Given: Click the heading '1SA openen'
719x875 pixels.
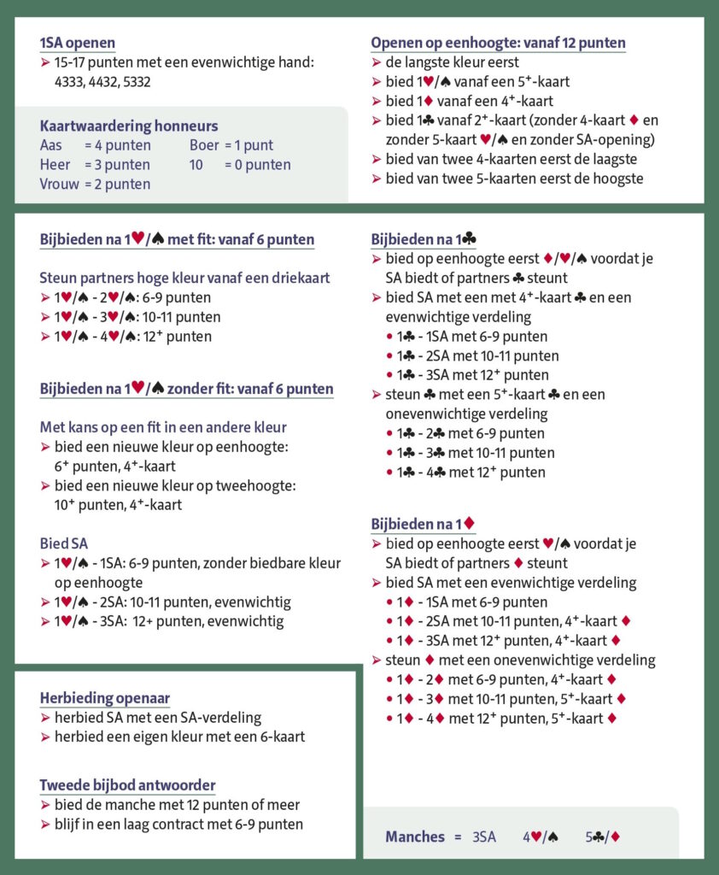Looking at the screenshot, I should tap(77, 43).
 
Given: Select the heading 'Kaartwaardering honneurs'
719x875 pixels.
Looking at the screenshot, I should tap(129, 126).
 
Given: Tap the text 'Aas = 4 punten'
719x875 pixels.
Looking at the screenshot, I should tap(95, 145).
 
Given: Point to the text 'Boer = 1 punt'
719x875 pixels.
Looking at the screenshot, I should tap(231, 145).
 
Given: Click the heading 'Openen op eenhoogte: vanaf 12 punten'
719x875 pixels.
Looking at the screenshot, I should tap(498, 43).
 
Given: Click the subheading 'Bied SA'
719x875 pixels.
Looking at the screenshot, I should tap(64, 543).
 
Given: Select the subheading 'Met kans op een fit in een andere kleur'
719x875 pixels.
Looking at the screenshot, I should tap(162, 427).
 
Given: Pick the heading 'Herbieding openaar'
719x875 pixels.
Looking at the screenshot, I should tap(104, 697).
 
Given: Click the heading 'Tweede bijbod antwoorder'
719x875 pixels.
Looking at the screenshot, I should tap(127, 784).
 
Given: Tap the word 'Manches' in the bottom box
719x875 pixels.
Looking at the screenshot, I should tap(415, 837).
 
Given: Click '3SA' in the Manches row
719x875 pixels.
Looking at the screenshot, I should tap(484, 837).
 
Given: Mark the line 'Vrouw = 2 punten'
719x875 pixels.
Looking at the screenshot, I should tap(95, 184).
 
